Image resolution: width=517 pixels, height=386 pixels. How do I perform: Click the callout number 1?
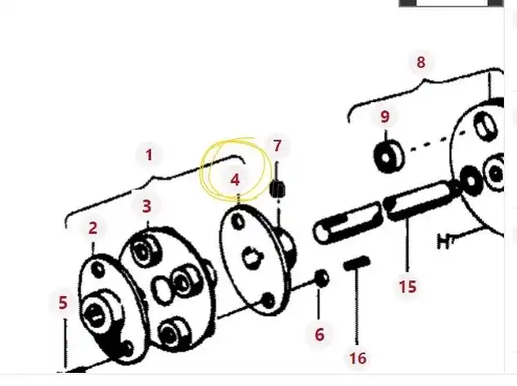(x=149, y=154)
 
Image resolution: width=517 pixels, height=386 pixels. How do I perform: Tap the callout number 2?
(x=93, y=229)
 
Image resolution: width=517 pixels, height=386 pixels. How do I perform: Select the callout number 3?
(x=146, y=206)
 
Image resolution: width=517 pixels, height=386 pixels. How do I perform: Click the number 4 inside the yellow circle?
(x=235, y=179)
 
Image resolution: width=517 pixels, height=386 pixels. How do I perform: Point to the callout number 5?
(x=63, y=303)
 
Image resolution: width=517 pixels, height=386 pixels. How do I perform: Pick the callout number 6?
(x=319, y=334)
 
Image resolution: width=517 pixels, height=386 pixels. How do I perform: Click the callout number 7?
(x=278, y=146)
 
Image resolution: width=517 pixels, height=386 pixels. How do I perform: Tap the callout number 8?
(x=421, y=62)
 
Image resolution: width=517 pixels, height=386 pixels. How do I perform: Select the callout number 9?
(x=385, y=116)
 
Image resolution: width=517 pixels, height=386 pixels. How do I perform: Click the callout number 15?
(x=408, y=286)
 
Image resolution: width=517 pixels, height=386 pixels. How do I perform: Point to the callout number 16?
(x=358, y=358)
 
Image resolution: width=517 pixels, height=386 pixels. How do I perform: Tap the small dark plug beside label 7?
(x=278, y=189)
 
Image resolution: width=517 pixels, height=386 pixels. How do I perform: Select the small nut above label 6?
(x=321, y=280)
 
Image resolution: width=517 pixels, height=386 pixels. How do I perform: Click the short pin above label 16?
(x=357, y=263)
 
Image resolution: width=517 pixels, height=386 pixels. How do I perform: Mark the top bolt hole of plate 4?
(x=238, y=222)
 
